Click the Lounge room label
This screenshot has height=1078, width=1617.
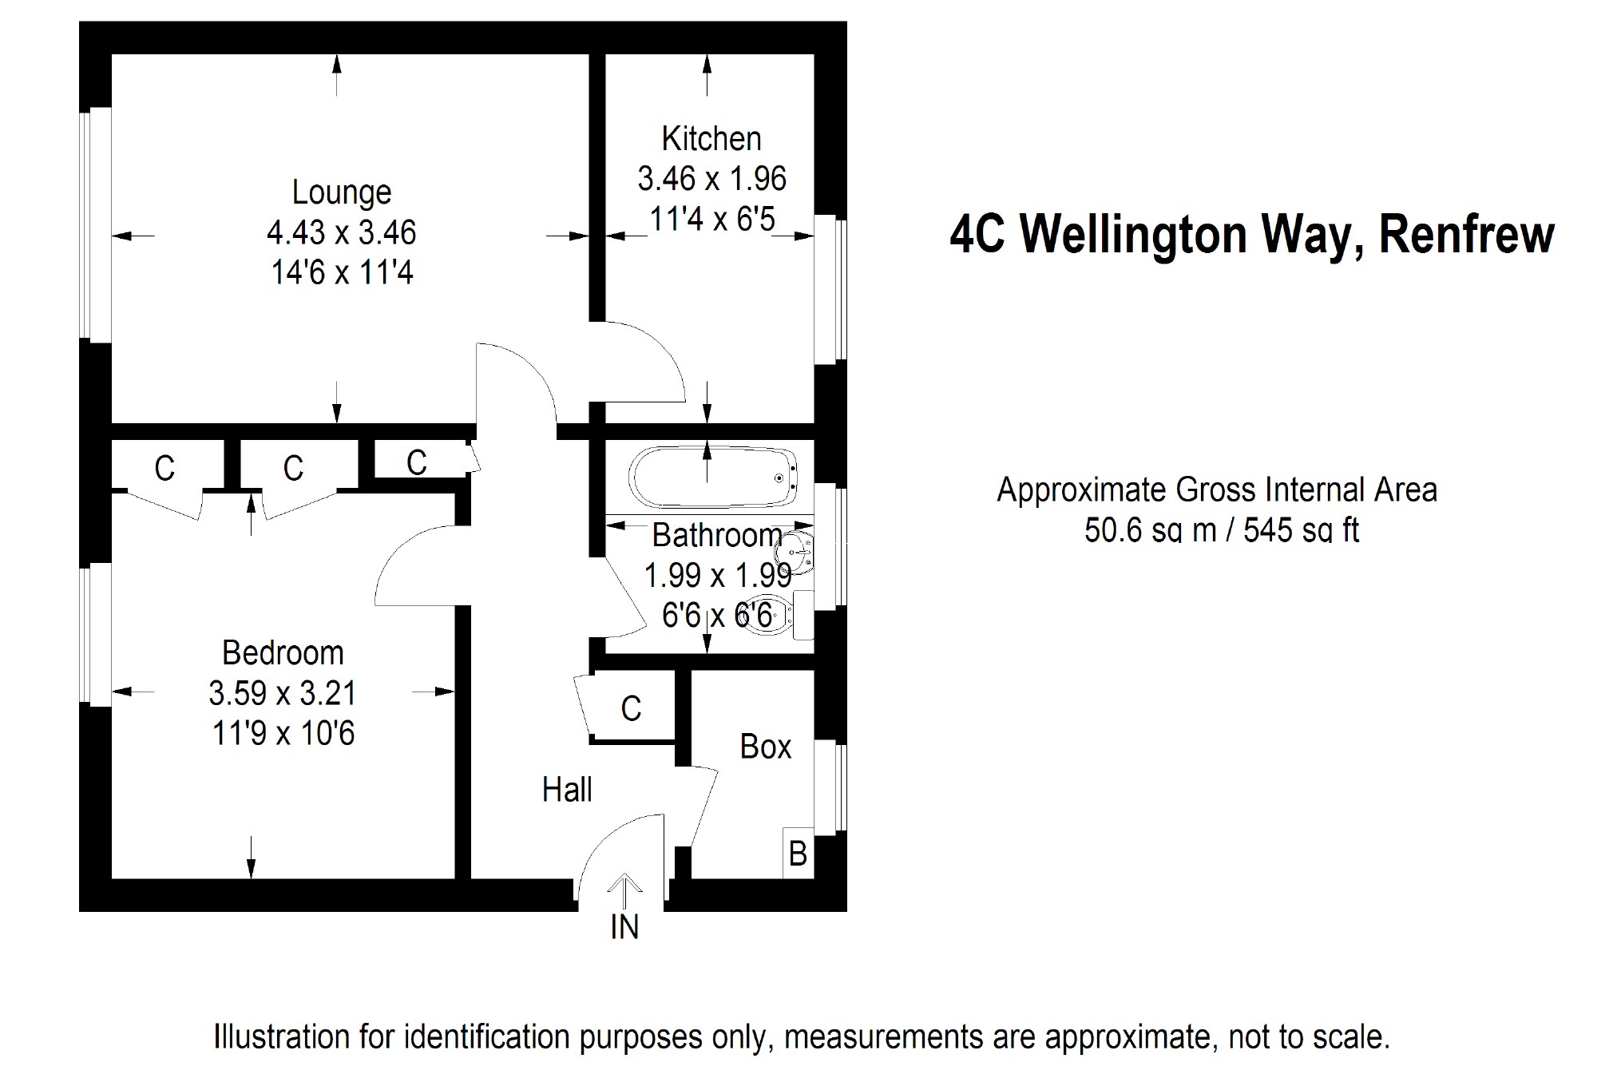(342, 192)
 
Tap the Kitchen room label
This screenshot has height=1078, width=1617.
(711, 139)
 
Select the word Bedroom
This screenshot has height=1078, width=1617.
(283, 653)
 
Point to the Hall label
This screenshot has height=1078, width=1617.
(567, 790)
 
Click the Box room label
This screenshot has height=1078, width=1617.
(765, 747)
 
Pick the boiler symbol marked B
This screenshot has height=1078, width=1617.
(798, 854)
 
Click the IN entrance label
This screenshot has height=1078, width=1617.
(624, 927)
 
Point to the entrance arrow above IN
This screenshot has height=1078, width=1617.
(624, 888)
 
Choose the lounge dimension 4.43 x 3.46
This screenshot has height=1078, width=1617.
(342, 232)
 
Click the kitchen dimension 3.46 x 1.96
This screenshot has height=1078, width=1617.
(711, 179)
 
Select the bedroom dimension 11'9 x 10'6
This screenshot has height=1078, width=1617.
(283, 733)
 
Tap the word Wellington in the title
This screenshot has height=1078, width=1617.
(1134, 235)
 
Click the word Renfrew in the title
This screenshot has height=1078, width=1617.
(1466, 235)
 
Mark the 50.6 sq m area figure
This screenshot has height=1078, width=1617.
(1150, 530)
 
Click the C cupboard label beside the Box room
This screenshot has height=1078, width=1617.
(631, 708)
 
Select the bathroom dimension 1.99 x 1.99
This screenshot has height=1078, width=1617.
(718, 575)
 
